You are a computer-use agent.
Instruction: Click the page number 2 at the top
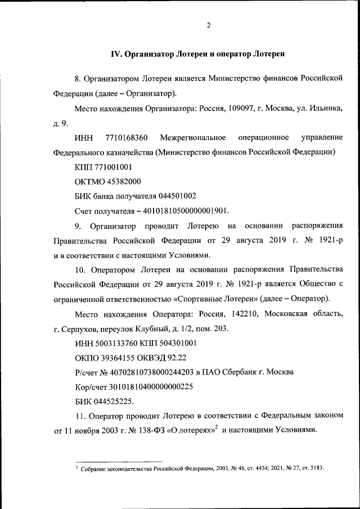point(208,25)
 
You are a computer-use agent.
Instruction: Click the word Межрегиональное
point(193,137)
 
